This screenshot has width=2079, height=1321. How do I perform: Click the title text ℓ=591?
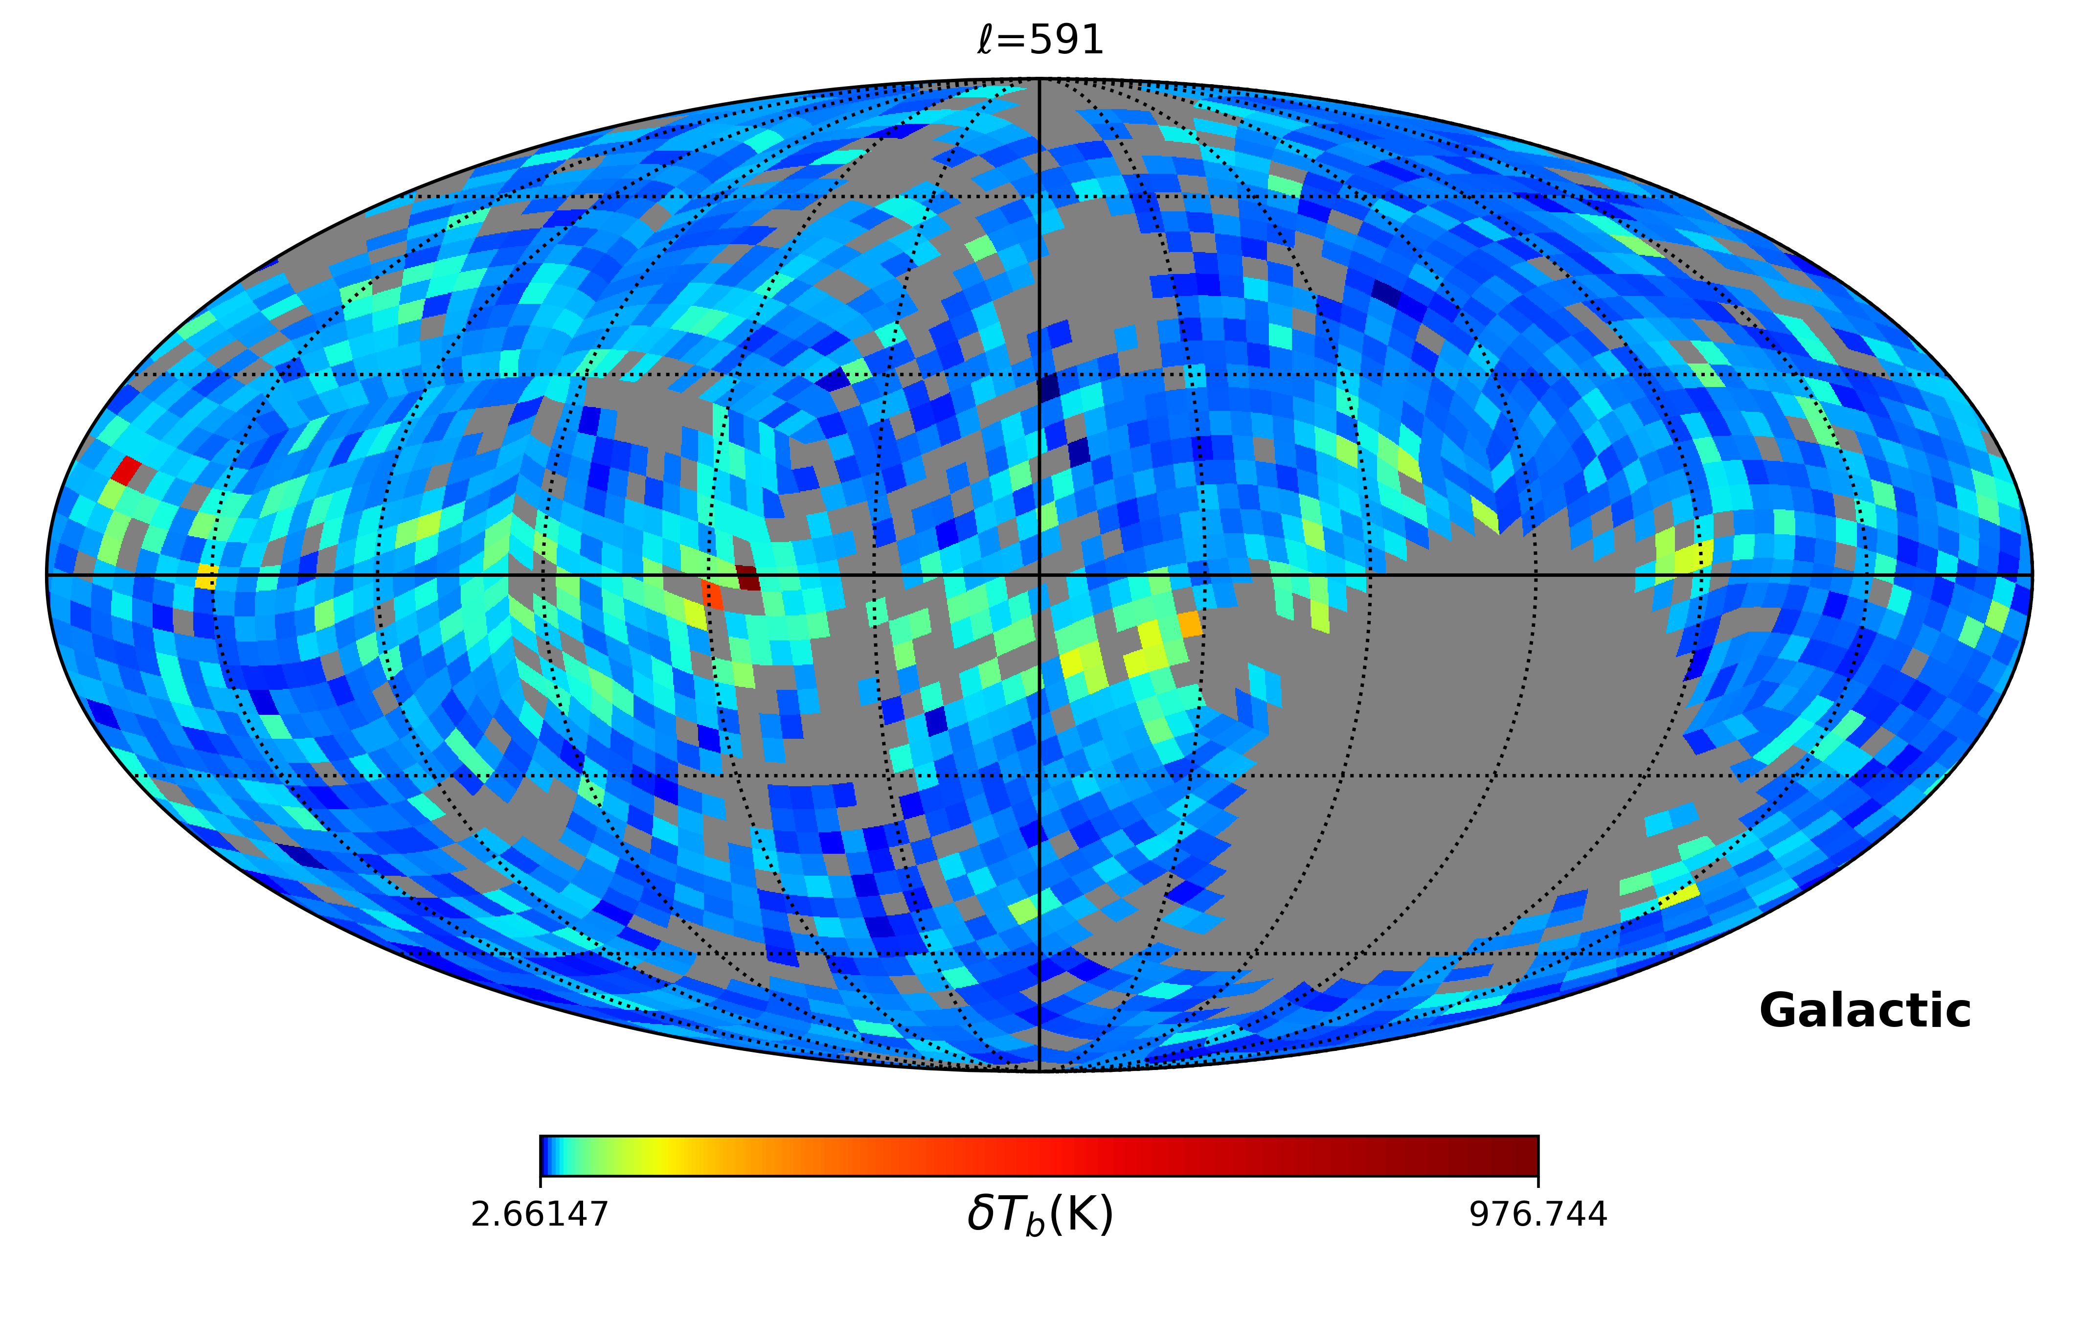point(1039,40)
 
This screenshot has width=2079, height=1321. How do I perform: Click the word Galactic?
point(1865,1010)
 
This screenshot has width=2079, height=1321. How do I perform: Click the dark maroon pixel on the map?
point(747,577)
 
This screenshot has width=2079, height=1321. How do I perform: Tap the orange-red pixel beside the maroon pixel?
point(712,594)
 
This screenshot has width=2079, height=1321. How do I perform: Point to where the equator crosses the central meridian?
point(1039,574)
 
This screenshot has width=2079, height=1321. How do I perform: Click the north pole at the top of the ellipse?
point(1039,79)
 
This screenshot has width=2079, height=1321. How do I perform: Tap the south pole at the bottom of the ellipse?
point(1039,1070)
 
